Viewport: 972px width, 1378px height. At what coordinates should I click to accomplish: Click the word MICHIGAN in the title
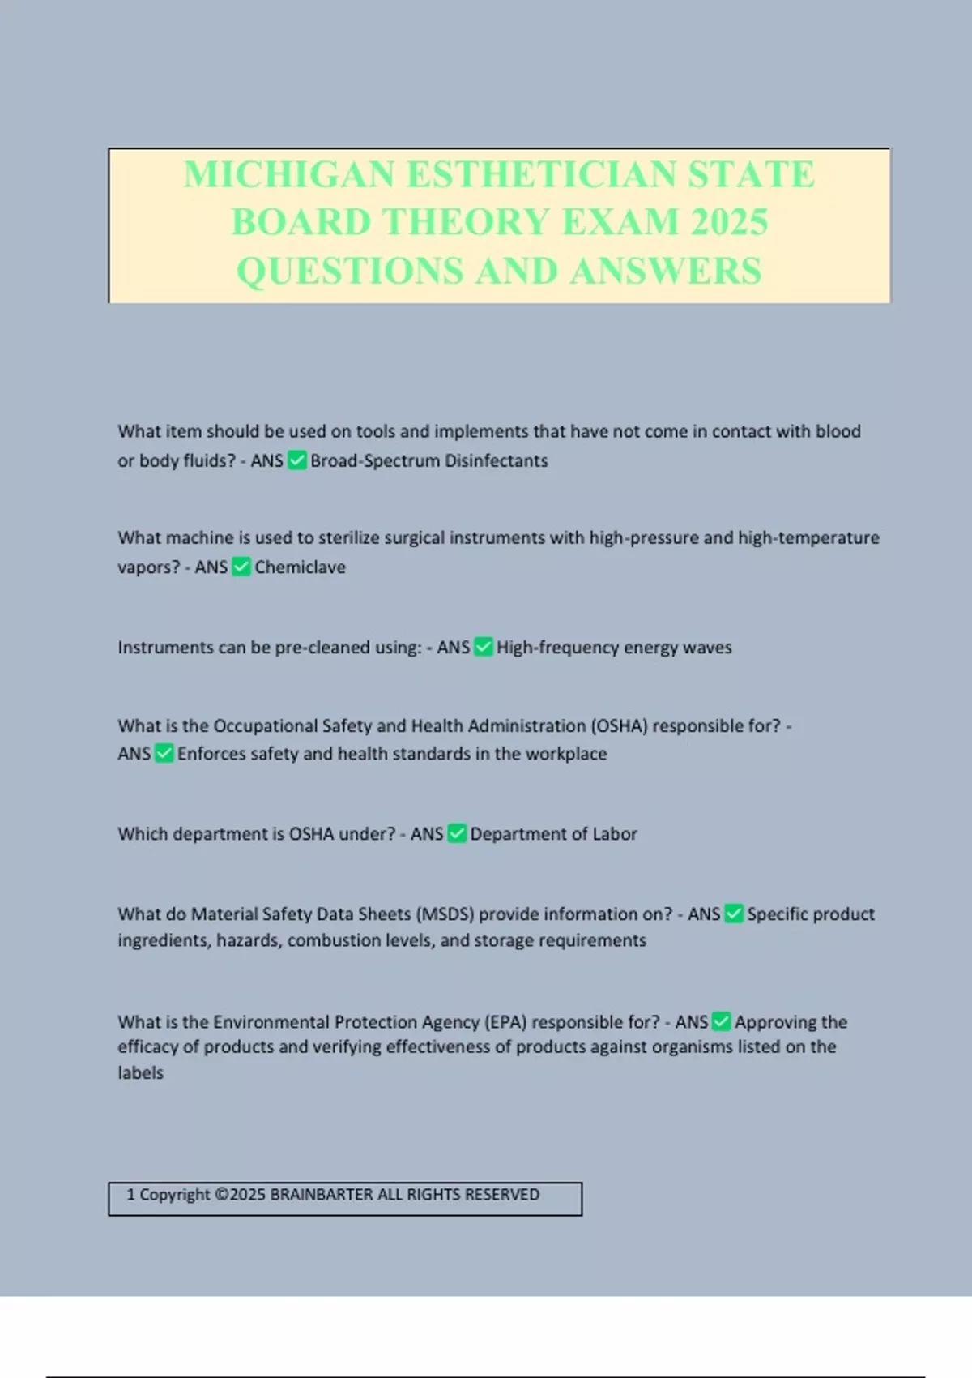pyautogui.click(x=289, y=175)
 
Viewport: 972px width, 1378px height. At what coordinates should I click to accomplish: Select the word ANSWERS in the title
pyautogui.click(x=665, y=271)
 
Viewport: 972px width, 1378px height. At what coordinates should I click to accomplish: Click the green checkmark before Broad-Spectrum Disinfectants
pyautogui.click(x=297, y=460)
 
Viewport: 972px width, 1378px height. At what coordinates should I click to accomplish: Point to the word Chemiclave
pyautogui.click(x=300, y=567)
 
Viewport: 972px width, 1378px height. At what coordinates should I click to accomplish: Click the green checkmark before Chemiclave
pyautogui.click(x=241, y=567)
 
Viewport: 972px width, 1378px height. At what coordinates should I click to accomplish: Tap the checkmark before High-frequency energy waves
pyautogui.click(x=484, y=647)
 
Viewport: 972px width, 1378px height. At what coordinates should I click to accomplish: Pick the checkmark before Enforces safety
pyautogui.click(x=164, y=753)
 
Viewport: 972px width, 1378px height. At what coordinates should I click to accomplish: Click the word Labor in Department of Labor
pyautogui.click(x=615, y=834)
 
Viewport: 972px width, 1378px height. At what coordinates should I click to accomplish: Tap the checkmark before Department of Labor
pyautogui.click(x=457, y=833)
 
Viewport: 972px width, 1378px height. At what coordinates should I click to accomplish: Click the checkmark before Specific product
pyautogui.click(x=734, y=914)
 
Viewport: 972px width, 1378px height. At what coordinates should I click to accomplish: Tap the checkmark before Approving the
pyautogui.click(x=721, y=1021)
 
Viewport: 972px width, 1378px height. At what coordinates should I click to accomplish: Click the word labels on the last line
pyautogui.click(x=140, y=1073)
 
